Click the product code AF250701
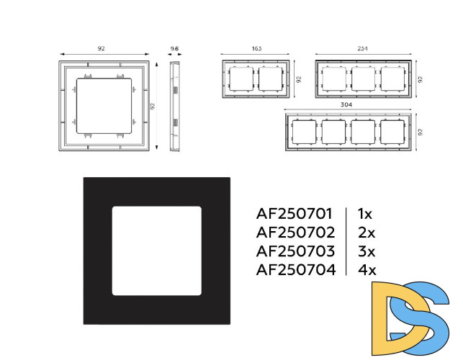coord(294,214)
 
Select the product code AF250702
coord(295,233)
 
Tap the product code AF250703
coord(295,251)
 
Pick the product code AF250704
coord(296,269)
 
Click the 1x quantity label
coord(365,214)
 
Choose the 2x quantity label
coord(367,233)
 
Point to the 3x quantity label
coord(367,251)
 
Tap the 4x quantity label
coord(367,269)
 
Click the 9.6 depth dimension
coord(174,48)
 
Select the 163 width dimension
coord(256,48)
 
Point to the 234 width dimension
coord(363,48)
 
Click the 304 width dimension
coord(346,104)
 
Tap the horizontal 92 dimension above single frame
coord(102,48)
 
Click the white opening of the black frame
coord(157,251)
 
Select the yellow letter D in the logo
coord(400,318)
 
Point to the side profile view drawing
coord(175,106)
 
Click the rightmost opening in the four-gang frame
coord(392,132)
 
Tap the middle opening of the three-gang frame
coord(363,79)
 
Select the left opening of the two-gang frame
coord(241,79)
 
